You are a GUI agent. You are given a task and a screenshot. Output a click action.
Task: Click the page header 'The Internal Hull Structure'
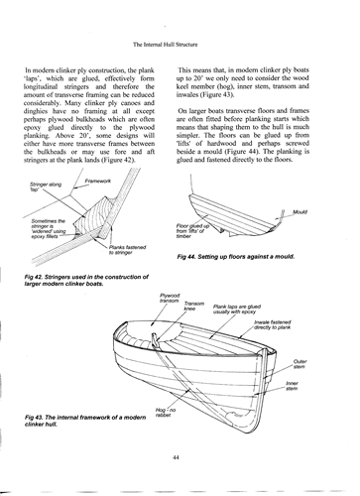click(x=165, y=45)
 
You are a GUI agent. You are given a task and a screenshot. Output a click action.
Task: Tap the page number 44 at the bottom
click(x=176, y=457)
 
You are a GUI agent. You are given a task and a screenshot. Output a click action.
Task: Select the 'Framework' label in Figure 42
click(x=98, y=181)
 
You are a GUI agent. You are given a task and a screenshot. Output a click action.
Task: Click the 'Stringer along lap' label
click(x=46, y=186)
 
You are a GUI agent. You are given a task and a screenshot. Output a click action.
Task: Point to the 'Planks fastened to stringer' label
click(x=127, y=250)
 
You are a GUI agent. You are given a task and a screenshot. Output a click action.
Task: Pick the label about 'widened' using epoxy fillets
click(x=49, y=228)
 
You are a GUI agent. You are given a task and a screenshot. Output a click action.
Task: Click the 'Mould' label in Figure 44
click(x=300, y=211)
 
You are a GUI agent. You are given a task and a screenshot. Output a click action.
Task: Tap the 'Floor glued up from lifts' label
click(x=192, y=231)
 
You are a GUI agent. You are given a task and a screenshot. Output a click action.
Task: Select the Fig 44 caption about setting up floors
click(x=236, y=257)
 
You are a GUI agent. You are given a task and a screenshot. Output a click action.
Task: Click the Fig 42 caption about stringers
click(x=86, y=280)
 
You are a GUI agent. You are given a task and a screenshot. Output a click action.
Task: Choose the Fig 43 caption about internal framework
click(x=85, y=421)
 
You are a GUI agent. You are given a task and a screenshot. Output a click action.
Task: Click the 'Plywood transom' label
click(x=170, y=298)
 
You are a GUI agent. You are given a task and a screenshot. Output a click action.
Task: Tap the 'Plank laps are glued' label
click(x=237, y=309)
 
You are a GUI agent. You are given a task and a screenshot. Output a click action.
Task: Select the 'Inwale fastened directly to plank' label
click(x=273, y=324)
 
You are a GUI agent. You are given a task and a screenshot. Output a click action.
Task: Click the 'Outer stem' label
click(x=300, y=364)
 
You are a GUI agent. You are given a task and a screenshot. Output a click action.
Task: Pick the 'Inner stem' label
click(x=292, y=386)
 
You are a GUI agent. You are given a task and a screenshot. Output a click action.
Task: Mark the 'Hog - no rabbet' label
click(x=166, y=413)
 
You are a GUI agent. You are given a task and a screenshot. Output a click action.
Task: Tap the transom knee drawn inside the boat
click(x=156, y=341)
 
